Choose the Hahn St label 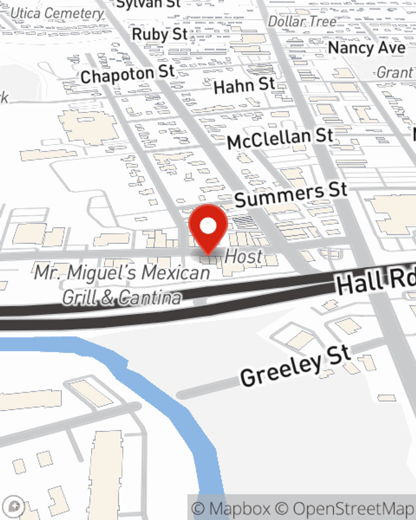[x=244, y=86]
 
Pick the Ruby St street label [x=160, y=34]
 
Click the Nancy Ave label [x=366, y=48]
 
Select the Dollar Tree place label [x=302, y=22]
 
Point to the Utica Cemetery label [x=57, y=14]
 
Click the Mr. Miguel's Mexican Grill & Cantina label [x=122, y=285]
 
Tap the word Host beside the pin [x=244, y=257]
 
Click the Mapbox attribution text [x=231, y=508]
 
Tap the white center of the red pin [x=208, y=226]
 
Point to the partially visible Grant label [x=395, y=73]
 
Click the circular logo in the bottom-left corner [x=15, y=506]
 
